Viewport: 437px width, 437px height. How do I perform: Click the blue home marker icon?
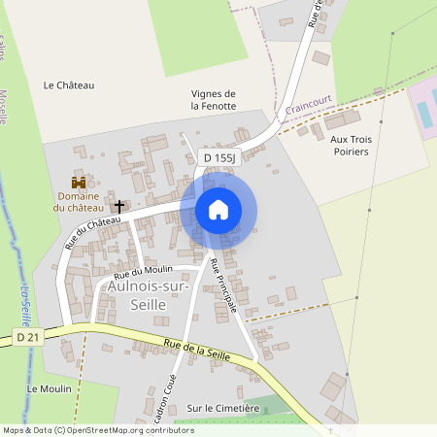[218, 210]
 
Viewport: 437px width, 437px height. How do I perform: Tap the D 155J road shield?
[219, 156]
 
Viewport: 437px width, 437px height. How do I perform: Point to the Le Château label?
[69, 85]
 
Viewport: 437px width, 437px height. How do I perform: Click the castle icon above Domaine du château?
[78, 182]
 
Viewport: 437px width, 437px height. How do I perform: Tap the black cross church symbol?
[120, 206]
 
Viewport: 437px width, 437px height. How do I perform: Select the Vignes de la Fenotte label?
[214, 99]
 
